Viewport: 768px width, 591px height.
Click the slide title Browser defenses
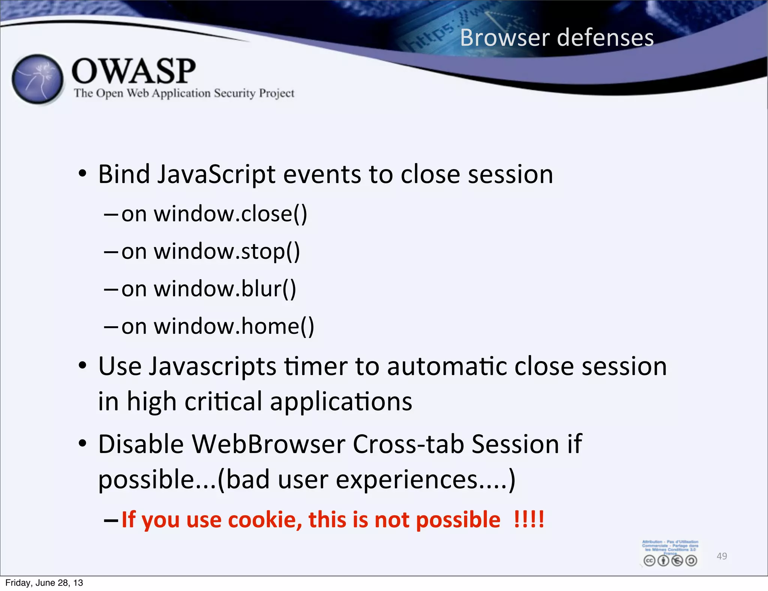pos(556,38)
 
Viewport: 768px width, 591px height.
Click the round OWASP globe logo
pos(38,79)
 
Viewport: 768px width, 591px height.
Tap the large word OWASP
pos(133,71)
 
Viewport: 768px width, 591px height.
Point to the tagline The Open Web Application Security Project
pos(184,93)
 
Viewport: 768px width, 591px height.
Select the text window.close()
pos(230,214)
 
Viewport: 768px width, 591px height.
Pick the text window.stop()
pos(227,252)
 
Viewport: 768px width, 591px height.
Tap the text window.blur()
pos(225,289)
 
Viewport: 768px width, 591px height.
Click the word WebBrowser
pos(268,444)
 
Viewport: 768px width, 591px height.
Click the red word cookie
pos(265,520)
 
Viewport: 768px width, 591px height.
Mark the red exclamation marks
pos(529,519)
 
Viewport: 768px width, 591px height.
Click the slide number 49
pos(721,556)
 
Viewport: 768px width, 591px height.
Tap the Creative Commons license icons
pos(670,560)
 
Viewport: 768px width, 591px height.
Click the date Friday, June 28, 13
pos(44,583)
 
